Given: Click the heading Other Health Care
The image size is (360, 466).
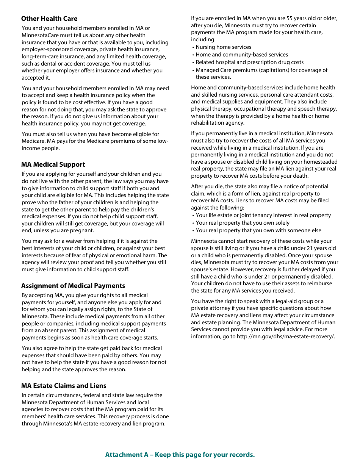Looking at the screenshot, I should coord(49,19).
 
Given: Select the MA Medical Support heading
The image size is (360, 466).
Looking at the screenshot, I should coord(53,164).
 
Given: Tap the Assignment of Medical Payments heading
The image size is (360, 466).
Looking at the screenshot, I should coord(73,286).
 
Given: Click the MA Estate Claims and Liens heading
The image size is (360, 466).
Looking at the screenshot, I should coord(64,386).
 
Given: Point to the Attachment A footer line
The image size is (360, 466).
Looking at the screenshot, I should coord(180,455).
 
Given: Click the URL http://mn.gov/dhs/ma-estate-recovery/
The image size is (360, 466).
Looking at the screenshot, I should coord(286,337).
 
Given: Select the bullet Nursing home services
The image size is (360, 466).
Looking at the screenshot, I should coord(223,47).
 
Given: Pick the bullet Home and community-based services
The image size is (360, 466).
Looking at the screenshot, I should coord(242,55).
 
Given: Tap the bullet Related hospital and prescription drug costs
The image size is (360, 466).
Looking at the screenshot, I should coord(249,62).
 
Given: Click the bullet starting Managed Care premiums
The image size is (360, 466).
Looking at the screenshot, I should coord(261,70).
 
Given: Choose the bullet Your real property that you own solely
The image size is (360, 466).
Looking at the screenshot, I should coord(243,223).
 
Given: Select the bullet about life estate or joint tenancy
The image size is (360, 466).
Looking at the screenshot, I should coord(263,215).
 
